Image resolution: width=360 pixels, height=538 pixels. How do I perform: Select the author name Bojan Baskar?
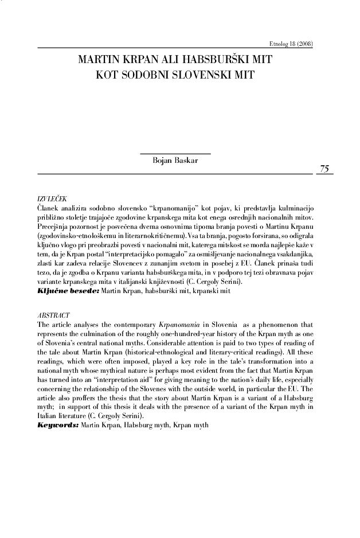(175, 162)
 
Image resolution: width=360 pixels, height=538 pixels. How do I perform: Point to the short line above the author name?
(175, 153)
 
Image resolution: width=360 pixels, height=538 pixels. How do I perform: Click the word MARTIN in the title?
(97, 60)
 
